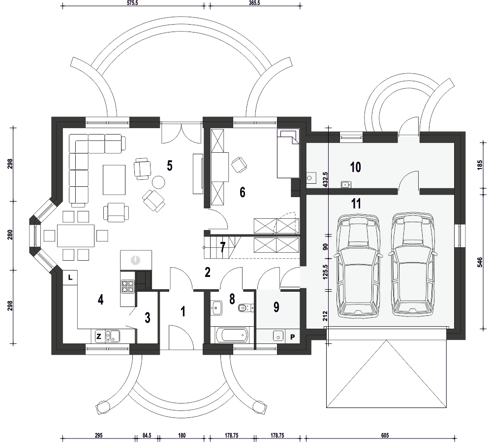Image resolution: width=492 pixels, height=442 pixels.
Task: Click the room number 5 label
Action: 170,166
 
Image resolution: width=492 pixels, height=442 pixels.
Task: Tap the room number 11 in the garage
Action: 356,204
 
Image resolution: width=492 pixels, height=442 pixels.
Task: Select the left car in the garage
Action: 357,265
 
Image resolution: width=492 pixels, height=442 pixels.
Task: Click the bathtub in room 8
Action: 232,335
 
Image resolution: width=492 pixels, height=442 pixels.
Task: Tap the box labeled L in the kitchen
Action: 70,277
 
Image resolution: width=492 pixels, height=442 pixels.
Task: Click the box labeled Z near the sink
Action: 99,337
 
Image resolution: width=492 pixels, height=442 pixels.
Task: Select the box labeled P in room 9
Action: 292,337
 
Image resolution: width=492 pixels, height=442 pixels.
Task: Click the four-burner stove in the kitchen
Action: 128,286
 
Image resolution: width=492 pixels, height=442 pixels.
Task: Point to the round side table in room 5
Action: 158,181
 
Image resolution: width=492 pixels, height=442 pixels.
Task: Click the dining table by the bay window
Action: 76,236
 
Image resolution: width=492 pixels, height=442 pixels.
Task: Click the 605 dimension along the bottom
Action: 385,436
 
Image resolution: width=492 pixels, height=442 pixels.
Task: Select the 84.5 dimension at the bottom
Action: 147,436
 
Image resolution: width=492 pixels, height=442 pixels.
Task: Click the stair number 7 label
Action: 223,247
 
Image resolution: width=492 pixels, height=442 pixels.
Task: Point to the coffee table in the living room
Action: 114,180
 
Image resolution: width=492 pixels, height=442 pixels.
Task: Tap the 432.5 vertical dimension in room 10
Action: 325,180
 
